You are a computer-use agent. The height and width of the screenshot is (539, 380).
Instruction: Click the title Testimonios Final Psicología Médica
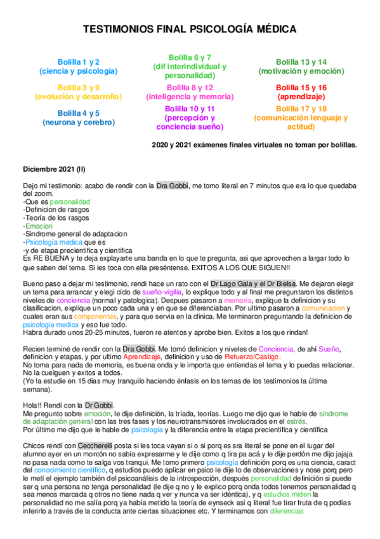tap(190, 31)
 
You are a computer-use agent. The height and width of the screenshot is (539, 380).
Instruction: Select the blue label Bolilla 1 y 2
tap(79, 62)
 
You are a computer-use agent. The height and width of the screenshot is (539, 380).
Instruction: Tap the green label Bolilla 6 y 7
tap(190, 57)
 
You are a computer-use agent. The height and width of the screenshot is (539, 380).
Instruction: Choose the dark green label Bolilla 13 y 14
tap(301, 62)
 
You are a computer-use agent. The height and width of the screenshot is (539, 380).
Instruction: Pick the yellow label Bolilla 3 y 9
tap(79, 87)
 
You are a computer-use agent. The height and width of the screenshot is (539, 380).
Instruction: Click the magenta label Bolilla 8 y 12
tap(190, 87)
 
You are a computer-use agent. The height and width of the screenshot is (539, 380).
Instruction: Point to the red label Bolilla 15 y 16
tap(301, 87)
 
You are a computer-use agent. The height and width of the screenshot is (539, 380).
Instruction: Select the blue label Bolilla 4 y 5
tap(79, 113)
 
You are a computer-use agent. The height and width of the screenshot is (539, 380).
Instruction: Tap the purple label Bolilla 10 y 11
tap(190, 109)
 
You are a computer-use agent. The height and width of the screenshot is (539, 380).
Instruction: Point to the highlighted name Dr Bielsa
tap(277, 282)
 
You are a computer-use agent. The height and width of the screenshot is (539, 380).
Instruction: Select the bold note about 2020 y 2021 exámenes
tap(254, 145)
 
